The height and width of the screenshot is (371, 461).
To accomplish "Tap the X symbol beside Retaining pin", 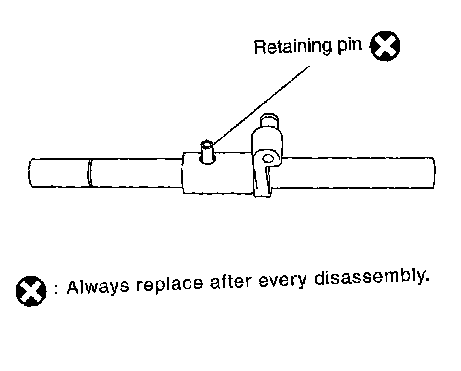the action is coord(385,46).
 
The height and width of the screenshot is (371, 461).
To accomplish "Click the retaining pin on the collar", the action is coord(207,153).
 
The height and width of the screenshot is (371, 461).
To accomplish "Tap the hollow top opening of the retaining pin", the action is coord(207,144).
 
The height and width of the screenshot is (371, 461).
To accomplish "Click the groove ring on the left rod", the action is coord(90,173).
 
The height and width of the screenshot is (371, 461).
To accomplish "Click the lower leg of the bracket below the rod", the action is coord(262,184).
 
